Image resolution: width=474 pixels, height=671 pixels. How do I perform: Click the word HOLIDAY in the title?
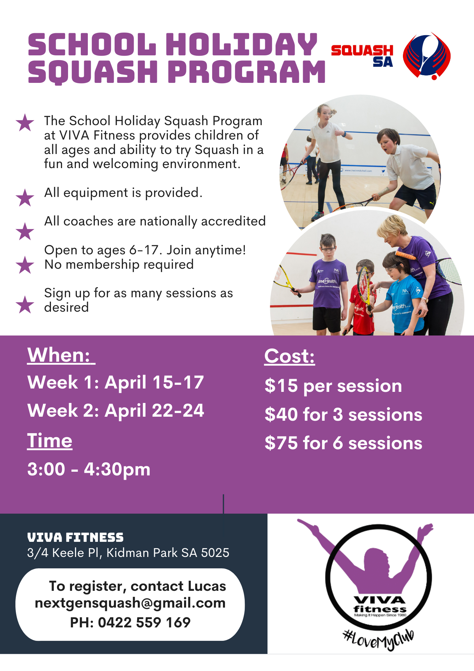point(241,44)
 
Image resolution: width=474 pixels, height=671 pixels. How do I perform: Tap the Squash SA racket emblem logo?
point(427,56)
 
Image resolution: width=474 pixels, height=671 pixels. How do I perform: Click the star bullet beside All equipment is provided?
point(25,197)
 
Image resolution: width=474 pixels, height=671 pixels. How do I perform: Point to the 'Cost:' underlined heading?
point(290,356)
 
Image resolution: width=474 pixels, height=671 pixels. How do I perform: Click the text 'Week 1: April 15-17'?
point(116,382)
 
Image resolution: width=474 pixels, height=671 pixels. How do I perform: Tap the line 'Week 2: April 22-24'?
point(116,411)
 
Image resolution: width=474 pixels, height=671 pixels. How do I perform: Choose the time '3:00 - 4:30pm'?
point(89,469)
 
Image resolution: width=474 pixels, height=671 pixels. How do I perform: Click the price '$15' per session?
point(281,386)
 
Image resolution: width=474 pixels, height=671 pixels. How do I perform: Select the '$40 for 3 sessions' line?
point(344,415)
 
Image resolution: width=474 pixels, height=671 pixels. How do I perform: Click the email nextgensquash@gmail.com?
point(130,603)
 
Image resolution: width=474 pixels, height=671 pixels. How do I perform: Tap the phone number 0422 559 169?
point(144,622)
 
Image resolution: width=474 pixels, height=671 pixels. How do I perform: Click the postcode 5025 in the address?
point(215,553)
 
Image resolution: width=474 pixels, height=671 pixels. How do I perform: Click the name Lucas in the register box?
point(207,586)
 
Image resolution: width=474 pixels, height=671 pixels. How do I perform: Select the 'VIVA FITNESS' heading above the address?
point(75,537)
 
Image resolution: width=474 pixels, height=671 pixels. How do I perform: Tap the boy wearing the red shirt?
point(363,299)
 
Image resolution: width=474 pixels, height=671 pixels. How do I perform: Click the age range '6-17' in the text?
point(144,250)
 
